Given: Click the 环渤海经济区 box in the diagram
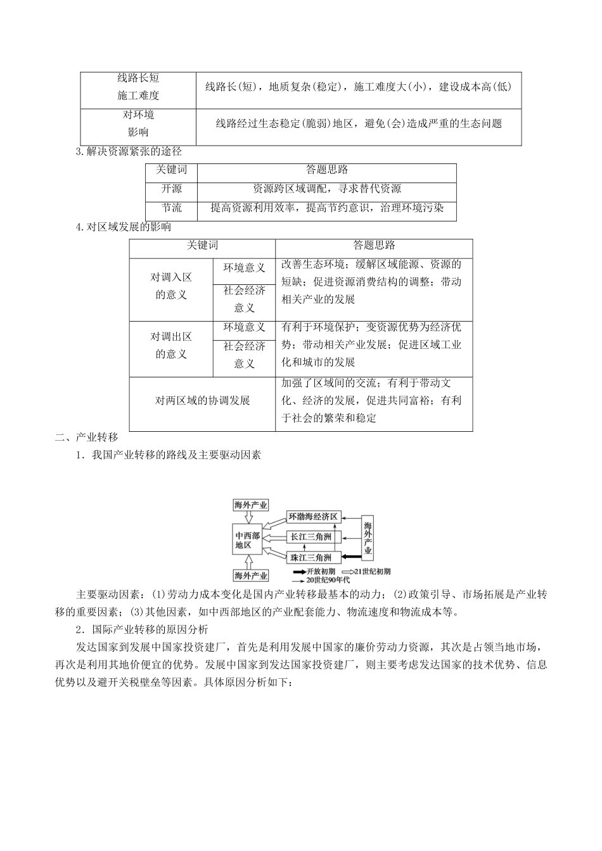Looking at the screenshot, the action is [x=313, y=517].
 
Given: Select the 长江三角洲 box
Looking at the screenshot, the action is [x=313, y=538].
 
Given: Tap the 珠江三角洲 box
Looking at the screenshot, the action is [x=313, y=558].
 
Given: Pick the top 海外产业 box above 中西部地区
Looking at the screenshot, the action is [x=251, y=505].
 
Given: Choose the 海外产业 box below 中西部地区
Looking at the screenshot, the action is [x=251, y=576].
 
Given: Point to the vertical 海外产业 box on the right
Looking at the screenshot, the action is [x=368, y=538].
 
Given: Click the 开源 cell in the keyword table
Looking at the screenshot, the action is [x=171, y=189].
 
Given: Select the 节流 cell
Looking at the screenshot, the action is [x=171, y=208].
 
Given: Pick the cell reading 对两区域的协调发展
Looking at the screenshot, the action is [x=202, y=400].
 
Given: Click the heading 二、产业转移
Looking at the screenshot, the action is [x=87, y=438].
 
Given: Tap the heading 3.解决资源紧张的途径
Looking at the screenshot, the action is [x=129, y=152].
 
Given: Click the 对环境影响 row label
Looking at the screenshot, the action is [x=138, y=123].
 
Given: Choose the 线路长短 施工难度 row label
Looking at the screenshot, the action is [x=138, y=87].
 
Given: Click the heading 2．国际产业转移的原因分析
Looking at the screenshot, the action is [x=141, y=630].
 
